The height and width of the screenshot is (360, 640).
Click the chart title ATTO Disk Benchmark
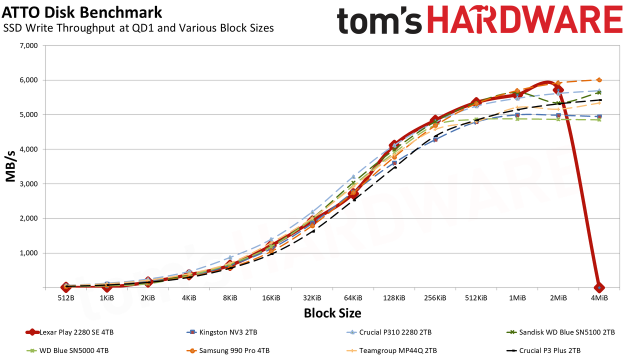tap(82, 12)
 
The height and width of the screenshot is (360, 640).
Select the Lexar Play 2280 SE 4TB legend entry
tap(69, 332)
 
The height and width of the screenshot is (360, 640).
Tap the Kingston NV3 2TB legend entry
tap(221, 332)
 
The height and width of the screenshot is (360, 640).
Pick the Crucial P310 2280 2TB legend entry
tap(389, 332)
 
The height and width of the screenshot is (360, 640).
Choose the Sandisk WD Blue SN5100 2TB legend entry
tap(560, 332)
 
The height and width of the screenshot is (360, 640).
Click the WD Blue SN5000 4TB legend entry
tap(67, 350)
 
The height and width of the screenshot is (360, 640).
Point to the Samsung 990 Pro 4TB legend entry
tap(228, 350)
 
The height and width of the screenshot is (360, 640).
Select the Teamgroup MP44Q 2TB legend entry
tap(391, 350)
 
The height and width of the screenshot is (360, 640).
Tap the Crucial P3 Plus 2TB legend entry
tap(543, 350)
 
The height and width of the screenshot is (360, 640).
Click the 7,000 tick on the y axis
tap(28, 45)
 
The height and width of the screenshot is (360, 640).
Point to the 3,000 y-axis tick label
tap(28, 184)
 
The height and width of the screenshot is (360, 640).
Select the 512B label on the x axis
tap(66, 298)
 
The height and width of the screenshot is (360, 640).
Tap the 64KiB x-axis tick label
tap(353, 298)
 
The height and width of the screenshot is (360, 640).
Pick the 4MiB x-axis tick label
tap(599, 298)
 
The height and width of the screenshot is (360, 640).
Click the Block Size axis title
tap(332, 313)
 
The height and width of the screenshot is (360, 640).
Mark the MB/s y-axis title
tap(10, 166)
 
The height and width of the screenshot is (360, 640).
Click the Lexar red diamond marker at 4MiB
tap(599, 287)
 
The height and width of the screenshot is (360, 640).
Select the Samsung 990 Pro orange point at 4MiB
tap(599, 80)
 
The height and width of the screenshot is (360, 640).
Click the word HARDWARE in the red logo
tap(524, 19)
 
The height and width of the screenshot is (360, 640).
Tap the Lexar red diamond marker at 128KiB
tap(394, 144)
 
